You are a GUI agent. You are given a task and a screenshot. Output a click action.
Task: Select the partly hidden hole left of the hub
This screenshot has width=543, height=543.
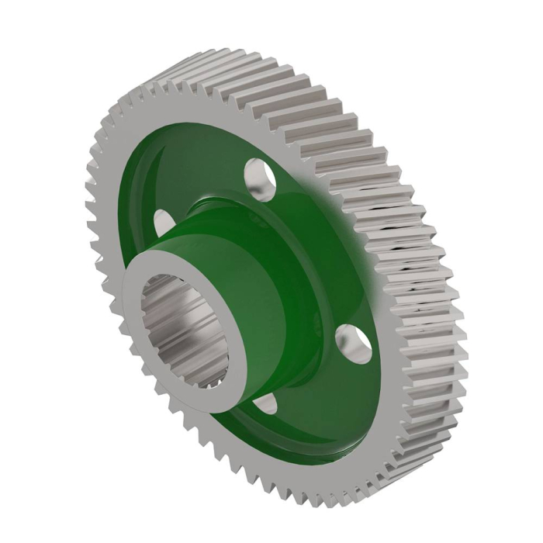(x=161, y=222)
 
